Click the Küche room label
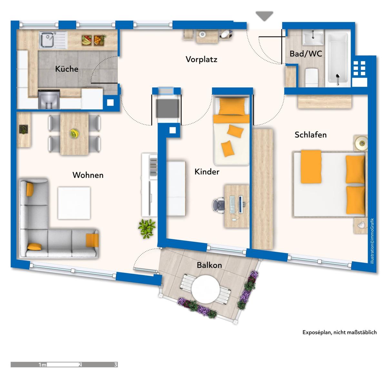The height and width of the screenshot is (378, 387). [x=67, y=69]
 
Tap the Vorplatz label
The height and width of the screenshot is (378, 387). [x=201, y=59]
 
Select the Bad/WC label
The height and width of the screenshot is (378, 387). [x=306, y=54]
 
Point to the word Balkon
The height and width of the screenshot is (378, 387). [x=209, y=265]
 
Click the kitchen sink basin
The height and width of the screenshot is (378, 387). [x=46, y=40]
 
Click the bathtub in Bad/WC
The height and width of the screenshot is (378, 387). [x=338, y=59]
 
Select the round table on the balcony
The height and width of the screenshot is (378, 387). [x=205, y=289]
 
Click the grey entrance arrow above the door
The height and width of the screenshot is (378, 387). [x=264, y=16]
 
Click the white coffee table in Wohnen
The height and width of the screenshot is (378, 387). [x=74, y=203]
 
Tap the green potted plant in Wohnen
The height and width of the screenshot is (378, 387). [x=147, y=228]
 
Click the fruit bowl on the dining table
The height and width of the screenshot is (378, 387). [x=74, y=134]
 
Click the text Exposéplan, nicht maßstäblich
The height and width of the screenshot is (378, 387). [x=340, y=332]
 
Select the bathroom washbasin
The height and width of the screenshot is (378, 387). [x=313, y=37]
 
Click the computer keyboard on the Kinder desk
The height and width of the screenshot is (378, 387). [x=232, y=204]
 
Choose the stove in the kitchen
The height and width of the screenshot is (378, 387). [x=49, y=99]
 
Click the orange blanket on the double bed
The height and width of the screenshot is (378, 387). [x=311, y=167]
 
